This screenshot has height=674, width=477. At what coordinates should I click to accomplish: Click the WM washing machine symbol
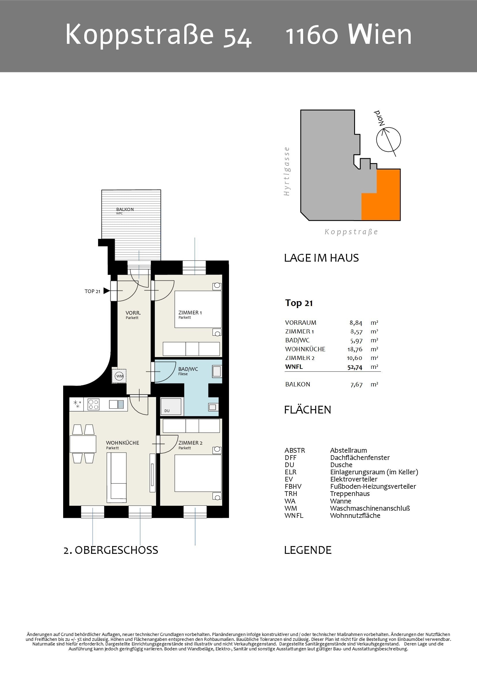120,376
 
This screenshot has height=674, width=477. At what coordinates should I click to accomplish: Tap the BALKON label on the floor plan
125,209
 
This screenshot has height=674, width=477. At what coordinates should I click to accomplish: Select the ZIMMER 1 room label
190,313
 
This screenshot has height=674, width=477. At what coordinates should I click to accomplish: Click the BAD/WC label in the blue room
188,369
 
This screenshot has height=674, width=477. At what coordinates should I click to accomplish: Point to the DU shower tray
171,406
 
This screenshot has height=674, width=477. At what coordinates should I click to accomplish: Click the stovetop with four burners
94,404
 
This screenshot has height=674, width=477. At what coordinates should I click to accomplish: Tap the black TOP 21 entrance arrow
106,291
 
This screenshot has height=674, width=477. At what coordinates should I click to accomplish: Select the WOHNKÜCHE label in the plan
123,443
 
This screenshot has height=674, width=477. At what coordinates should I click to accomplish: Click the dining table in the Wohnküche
83,444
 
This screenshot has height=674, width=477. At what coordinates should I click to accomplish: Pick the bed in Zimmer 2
198,473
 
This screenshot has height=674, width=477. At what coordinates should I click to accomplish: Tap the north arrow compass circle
388,140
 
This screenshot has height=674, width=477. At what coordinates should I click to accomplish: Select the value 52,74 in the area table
355,367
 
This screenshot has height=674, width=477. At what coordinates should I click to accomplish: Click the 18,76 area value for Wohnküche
355,349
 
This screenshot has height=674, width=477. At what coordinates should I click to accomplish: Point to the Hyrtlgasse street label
286,171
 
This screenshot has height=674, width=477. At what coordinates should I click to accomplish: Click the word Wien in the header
380,34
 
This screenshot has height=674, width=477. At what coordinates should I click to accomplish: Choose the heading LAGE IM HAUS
321,258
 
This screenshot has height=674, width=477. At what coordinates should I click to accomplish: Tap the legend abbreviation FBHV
293,486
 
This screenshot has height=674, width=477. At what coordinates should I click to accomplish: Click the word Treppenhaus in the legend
350,494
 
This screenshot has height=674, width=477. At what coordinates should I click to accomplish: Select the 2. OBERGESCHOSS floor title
111,550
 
